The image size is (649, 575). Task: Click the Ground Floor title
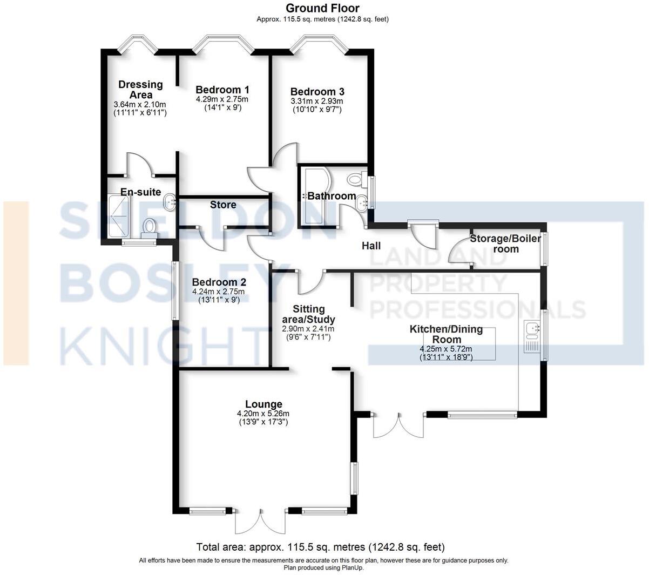(322, 8)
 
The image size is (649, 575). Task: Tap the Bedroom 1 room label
(222, 90)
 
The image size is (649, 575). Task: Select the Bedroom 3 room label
(317, 92)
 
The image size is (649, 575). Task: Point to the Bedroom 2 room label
(219, 282)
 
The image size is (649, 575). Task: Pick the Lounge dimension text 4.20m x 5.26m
(263, 414)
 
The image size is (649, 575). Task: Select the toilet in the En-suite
(149, 227)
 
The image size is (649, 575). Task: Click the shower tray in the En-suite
(119, 217)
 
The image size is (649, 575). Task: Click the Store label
(223, 205)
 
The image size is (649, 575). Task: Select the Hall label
(371, 246)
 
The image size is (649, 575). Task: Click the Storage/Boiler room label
(505, 244)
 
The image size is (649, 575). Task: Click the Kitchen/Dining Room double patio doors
(398, 424)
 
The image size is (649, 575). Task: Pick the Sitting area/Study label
(308, 314)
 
